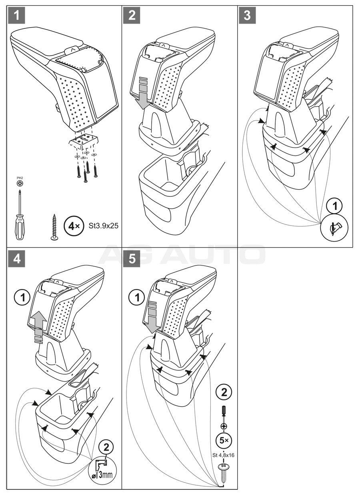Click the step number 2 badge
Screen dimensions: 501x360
132,16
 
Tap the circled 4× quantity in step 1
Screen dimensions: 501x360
74,226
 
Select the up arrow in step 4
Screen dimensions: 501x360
38,325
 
